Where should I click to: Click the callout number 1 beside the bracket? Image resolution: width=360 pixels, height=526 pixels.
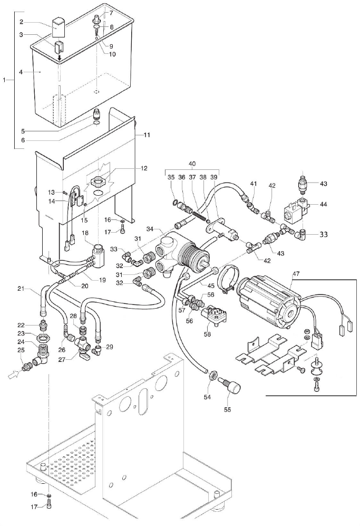5,80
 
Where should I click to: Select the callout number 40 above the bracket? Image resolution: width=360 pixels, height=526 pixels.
192,164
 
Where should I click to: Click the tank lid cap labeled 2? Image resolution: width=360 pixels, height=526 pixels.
57,25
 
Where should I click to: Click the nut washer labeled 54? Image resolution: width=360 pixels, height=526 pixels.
214,375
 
